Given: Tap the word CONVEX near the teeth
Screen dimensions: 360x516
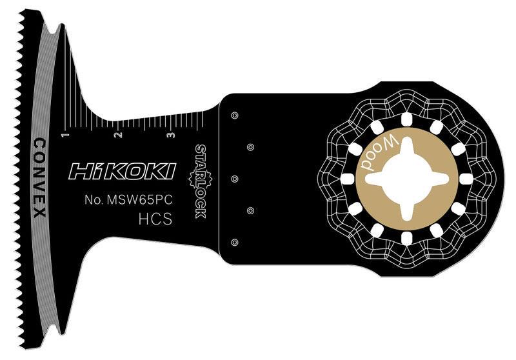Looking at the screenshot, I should (x=38, y=177).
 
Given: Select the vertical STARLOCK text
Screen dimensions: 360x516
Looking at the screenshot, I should (x=199, y=181).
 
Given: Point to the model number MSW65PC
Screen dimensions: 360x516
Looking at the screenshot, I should (x=130, y=200).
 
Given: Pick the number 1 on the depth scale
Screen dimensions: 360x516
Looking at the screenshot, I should (x=64, y=135).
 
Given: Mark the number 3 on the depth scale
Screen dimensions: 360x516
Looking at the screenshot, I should (x=169, y=135).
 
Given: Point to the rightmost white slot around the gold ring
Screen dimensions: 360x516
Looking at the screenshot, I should (x=466, y=178).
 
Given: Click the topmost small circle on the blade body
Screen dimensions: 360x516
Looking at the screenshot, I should (x=234, y=116).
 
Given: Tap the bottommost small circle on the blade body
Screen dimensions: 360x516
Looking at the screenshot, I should (x=234, y=242).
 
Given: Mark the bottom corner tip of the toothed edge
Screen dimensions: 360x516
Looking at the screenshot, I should (x=23, y=347).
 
